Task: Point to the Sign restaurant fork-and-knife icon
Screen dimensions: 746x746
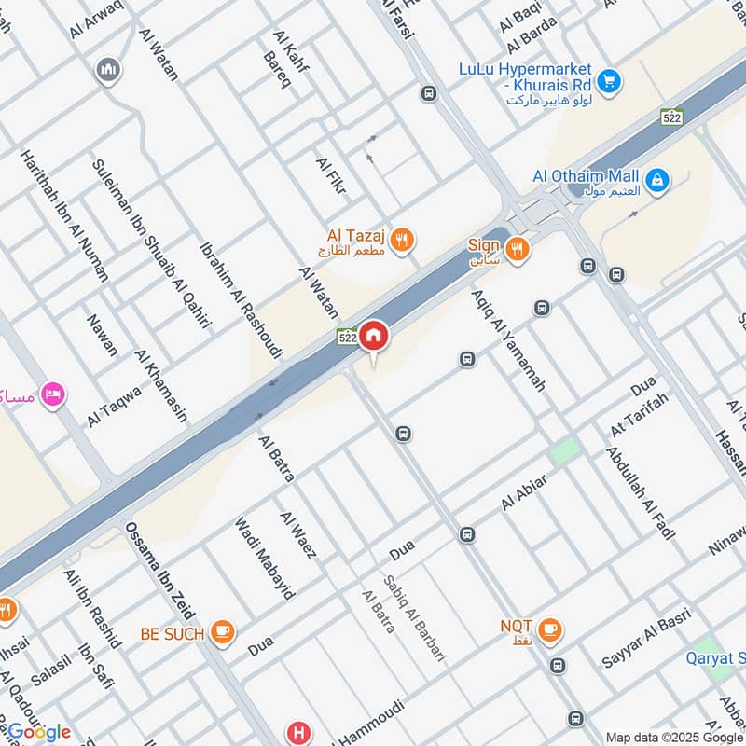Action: pyautogui.click(x=518, y=249)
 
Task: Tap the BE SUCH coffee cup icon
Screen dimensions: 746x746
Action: pyautogui.click(x=221, y=633)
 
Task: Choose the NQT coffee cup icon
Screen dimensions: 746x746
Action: pyautogui.click(x=549, y=629)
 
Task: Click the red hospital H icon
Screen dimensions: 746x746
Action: pyautogui.click(x=298, y=732)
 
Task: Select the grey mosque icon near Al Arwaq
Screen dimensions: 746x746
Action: pyautogui.click(x=109, y=69)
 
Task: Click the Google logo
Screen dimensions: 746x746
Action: pyautogui.click(x=39, y=732)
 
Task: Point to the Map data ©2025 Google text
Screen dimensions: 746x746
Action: pyautogui.click(x=674, y=736)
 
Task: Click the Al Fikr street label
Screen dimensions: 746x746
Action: pyautogui.click(x=332, y=175)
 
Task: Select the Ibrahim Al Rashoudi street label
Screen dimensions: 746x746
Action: pyautogui.click(x=241, y=301)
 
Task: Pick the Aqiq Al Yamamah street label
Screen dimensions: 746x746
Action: pyautogui.click(x=507, y=338)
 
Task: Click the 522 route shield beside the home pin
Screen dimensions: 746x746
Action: pyautogui.click(x=347, y=338)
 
